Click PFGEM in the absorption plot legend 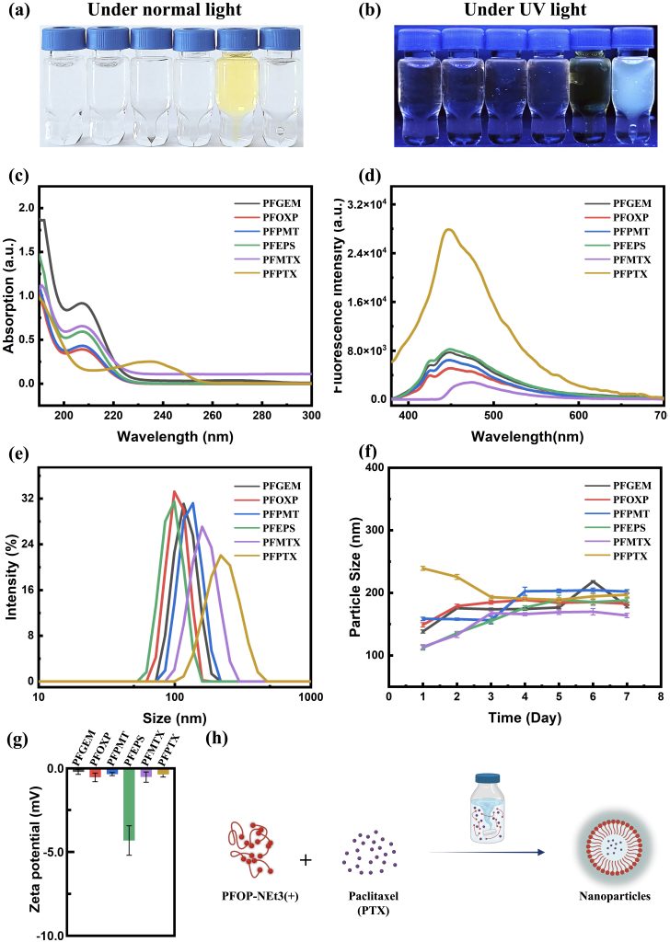[257, 199]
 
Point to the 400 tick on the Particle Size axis [373, 468]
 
